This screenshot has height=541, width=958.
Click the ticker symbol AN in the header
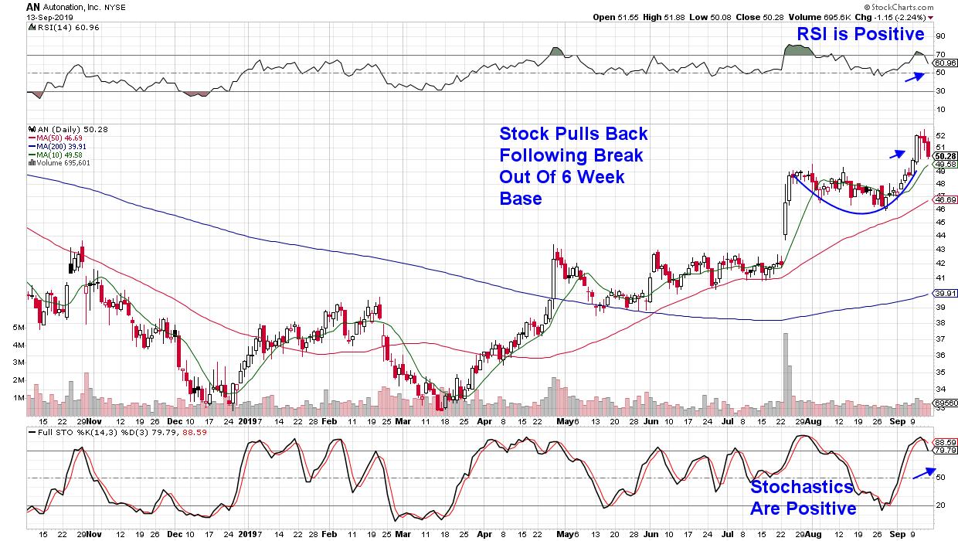tap(33, 6)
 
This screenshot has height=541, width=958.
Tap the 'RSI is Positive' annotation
tap(860, 33)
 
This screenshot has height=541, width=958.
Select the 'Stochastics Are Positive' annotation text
tap(803, 498)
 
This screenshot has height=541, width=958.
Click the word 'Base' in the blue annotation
tap(520, 199)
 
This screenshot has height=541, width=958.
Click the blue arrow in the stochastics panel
tap(923, 473)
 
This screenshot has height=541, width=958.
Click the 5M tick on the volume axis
tap(19, 328)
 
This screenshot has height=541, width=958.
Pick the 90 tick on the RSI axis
tap(940, 36)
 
